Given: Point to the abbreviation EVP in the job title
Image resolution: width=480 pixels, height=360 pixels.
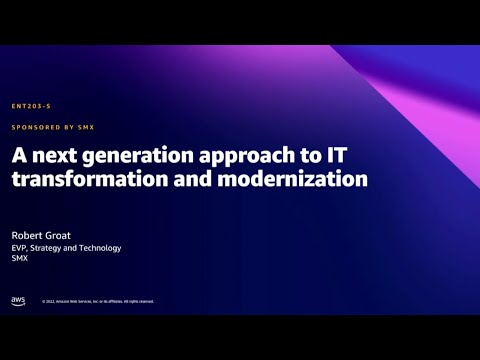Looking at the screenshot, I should click(x=20, y=247).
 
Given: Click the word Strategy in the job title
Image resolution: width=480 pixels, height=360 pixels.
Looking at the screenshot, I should click(x=48, y=247).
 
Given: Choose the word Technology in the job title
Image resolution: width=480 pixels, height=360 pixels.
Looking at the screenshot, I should click(x=100, y=247).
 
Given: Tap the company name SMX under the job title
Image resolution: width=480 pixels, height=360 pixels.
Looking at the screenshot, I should click(x=20, y=258).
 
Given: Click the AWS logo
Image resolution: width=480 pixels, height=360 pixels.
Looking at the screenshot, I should click(x=18, y=300).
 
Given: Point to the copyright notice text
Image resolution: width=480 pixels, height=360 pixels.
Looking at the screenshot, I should click(x=98, y=301).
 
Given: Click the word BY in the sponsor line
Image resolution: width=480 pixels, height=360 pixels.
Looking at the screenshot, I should click(x=61, y=127).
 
